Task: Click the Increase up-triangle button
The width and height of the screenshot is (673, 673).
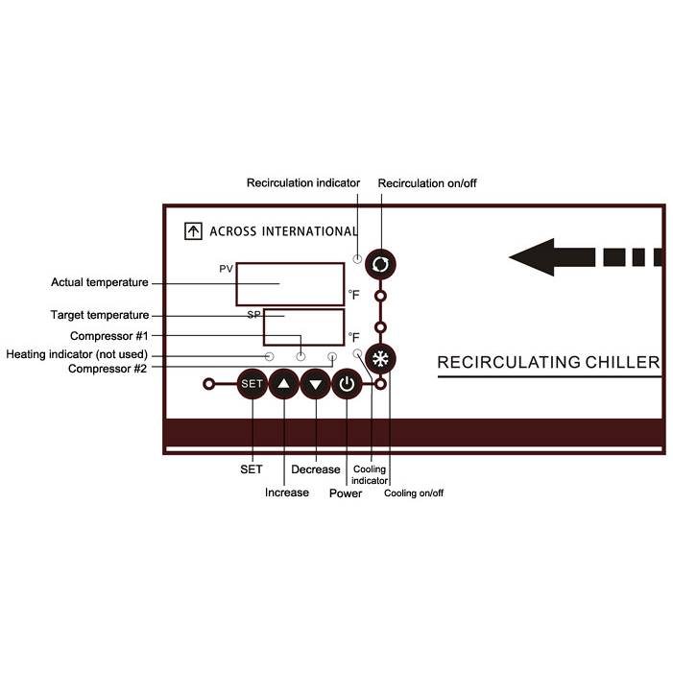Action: click(284, 385)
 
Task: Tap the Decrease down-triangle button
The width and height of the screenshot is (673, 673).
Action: click(316, 385)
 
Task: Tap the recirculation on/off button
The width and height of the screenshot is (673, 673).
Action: click(381, 263)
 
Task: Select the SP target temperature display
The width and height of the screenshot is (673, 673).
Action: click(303, 326)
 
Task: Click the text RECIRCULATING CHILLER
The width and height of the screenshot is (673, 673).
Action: click(548, 363)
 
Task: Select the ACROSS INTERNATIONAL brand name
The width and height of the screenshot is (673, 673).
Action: click(282, 231)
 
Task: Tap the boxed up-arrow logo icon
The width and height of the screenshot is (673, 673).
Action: click(193, 231)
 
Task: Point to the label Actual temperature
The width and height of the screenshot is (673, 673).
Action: click(100, 282)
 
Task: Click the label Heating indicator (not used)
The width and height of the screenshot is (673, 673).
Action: click(77, 354)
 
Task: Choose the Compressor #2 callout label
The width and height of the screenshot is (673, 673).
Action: click(108, 369)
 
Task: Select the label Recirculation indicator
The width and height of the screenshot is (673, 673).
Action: click(303, 182)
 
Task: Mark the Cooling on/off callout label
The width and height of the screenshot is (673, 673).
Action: click(414, 493)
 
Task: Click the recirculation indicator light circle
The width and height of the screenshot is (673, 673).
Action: click(357, 258)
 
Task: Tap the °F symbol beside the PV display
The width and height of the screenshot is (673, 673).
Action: click(354, 295)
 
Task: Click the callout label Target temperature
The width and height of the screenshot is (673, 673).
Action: click(100, 315)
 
